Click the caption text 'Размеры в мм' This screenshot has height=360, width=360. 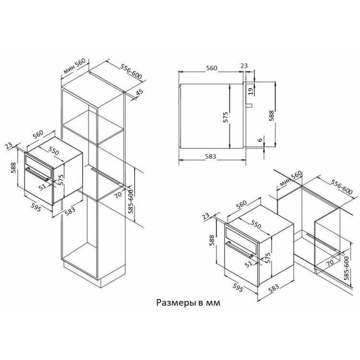click(188, 303)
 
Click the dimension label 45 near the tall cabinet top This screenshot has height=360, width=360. click(139, 92)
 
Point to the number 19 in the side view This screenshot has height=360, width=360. click(251, 91)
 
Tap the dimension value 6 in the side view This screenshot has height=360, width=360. click(260, 140)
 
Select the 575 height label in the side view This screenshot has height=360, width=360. click(226, 117)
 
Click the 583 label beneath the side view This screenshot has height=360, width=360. click(211, 156)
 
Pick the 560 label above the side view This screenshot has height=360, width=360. click(212, 68)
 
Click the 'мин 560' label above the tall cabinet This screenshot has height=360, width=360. click(74, 66)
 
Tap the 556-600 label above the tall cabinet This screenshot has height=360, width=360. click(131, 71)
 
